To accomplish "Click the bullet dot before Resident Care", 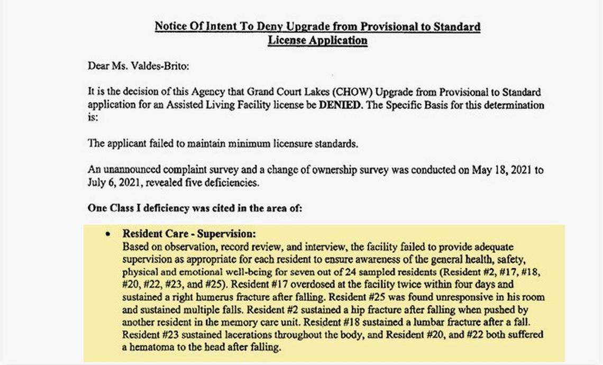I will [108, 233].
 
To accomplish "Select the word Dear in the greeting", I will [97, 67].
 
